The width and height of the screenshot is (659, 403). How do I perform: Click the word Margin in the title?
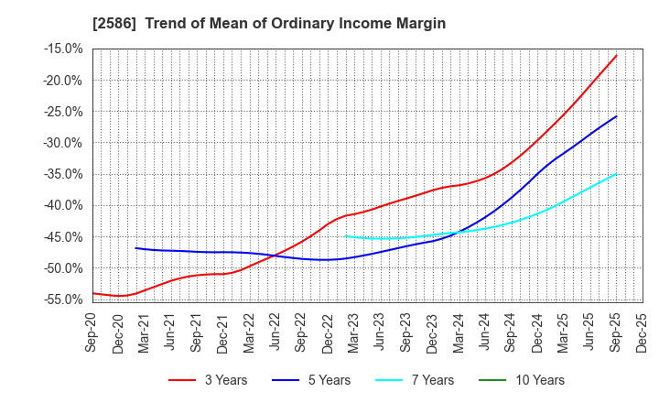(418, 24)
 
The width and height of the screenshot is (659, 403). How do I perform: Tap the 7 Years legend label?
(422, 380)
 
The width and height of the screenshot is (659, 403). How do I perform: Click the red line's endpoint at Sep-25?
(616, 55)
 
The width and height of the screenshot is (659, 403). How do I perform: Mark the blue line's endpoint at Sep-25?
(616, 116)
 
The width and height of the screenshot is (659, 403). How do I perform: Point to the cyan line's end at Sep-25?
(616, 173)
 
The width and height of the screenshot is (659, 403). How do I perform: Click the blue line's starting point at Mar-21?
(135, 248)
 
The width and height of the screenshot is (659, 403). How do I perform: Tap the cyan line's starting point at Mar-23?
(345, 236)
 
